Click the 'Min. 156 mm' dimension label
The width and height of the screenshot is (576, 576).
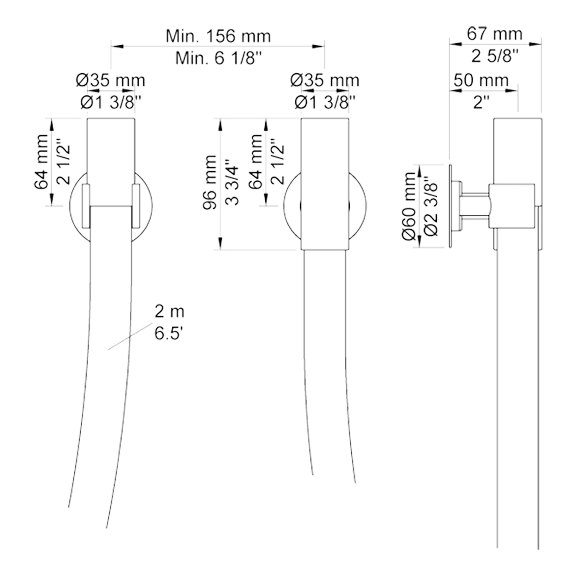(x=218, y=36)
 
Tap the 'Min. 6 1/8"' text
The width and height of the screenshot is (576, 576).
(x=219, y=58)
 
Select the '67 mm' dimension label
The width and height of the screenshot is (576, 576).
(x=495, y=34)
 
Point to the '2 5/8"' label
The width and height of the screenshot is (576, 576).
(x=495, y=56)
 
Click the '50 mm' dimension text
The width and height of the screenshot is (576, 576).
(x=481, y=80)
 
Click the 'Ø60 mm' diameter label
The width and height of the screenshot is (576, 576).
(x=409, y=206)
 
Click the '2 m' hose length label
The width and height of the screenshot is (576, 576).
(x=170, y=311)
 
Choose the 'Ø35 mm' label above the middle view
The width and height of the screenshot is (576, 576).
(x=325, y=80)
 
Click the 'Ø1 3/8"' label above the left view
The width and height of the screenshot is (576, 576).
(x=111, y=103)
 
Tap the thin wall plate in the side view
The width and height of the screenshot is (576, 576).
(x=450, y=206)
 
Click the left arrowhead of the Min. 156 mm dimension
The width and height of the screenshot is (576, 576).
(x=117, y=46)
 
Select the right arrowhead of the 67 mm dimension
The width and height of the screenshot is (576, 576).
(x=535, y=44)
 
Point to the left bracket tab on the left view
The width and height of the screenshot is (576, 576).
(x=86, y=206)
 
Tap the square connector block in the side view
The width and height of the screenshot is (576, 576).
(x=512, y=206)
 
